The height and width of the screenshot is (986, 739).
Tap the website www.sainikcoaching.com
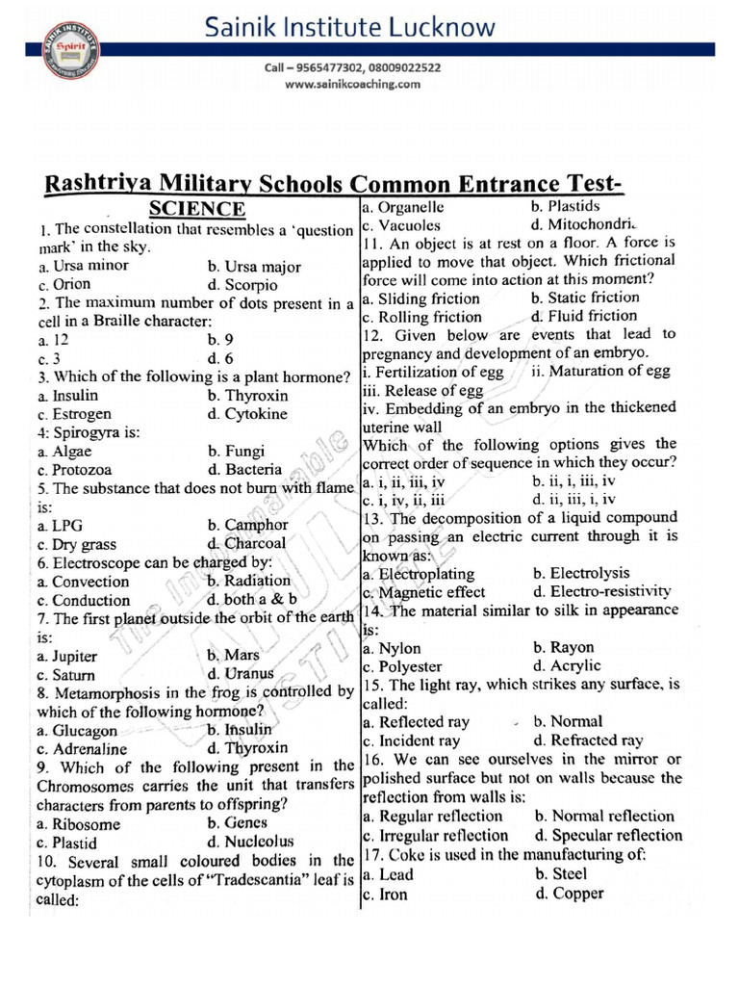(x=353, y=85)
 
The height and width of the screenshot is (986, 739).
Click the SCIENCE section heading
(x=196, y=209)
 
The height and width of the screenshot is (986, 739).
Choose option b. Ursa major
(x=254, y=267)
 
